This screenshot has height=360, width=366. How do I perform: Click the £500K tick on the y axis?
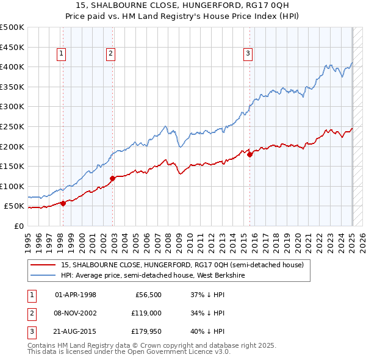12,27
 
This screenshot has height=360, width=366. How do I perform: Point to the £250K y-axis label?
12,126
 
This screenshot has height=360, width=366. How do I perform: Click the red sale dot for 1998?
63,204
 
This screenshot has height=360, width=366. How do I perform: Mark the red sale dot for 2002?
112,178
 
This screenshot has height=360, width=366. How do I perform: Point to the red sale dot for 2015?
249,154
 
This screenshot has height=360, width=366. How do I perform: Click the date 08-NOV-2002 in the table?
76,314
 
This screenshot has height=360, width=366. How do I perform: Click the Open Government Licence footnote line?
129,352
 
